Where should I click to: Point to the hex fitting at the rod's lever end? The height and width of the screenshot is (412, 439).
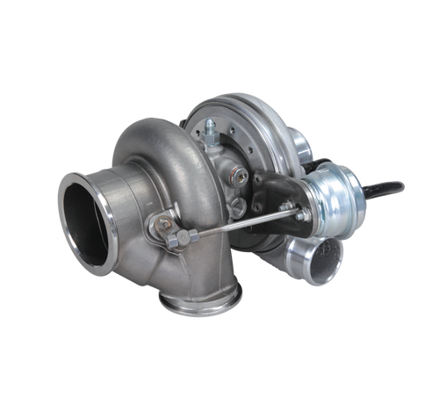tap(188, 235)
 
